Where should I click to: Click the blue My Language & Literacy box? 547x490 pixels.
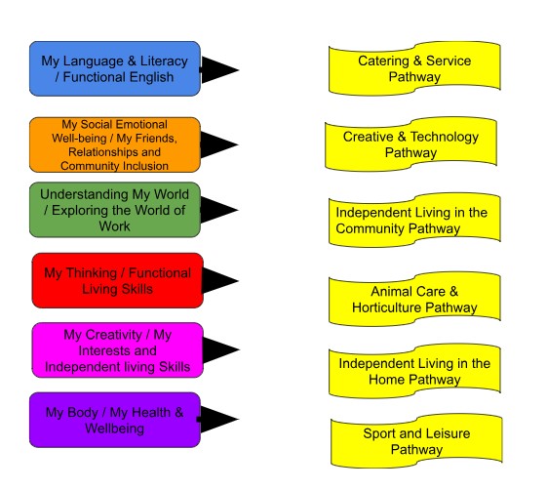[115, 68]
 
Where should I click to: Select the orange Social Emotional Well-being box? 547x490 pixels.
[115, 144]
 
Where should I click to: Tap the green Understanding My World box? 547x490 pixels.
[115, 210]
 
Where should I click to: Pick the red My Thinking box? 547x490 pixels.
[118, 280]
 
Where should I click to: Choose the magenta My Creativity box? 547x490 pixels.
[118, 350]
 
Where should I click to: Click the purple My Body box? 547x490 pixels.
[115, 420]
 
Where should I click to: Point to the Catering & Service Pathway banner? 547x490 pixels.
[414, 68]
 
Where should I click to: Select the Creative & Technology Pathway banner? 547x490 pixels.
[410, 143]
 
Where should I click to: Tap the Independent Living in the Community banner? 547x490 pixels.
[414, 220]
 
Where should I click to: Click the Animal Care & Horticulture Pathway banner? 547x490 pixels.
[414, 299]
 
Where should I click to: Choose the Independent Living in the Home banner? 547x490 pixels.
[414, 371]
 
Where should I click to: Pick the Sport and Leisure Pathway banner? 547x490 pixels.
[416, 441]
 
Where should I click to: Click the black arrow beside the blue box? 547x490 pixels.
[218, 70]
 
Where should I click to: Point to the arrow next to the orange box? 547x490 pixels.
[218, 144]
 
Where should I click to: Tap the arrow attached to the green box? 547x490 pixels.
[218, 210]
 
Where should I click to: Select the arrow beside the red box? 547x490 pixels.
[219, 280]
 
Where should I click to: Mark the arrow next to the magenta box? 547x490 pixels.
[220, 350]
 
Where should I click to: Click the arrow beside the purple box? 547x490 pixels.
[218, 419]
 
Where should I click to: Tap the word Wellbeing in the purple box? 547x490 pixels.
[115, 429]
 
